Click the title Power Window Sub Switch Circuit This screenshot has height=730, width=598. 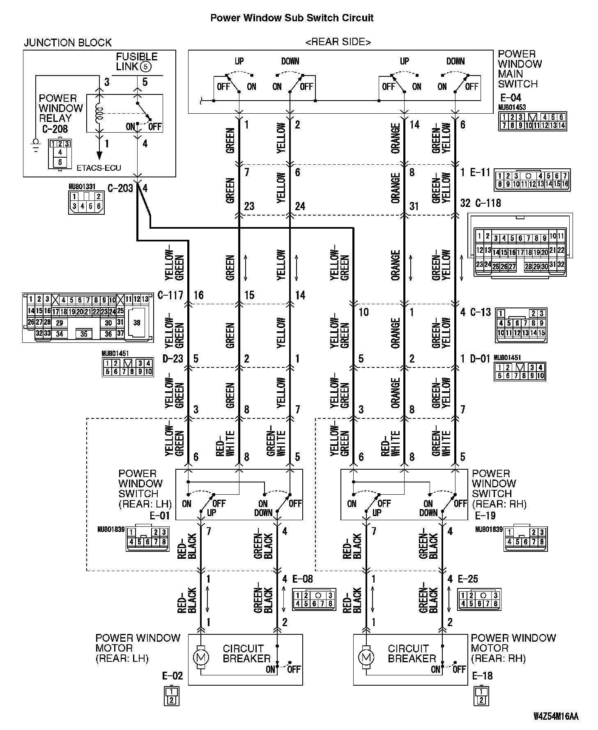point(292,18)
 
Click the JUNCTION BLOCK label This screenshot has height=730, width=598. point(68,43)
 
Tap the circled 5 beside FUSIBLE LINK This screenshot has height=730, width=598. point(146,67)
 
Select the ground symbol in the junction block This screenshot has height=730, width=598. point(36,145)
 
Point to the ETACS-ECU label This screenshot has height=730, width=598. point(99,168)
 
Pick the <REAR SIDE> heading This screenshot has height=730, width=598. point(338,42)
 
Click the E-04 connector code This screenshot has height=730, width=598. point(511,98)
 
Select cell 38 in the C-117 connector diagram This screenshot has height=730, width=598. point(137,323)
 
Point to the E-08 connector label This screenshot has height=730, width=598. point(302,579)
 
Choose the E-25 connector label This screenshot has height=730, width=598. point(468,579)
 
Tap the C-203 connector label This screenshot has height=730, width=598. point(120,188)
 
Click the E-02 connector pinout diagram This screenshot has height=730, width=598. point(171,696)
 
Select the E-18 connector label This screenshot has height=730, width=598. point(482,676)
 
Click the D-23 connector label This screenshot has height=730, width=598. point(173,359)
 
